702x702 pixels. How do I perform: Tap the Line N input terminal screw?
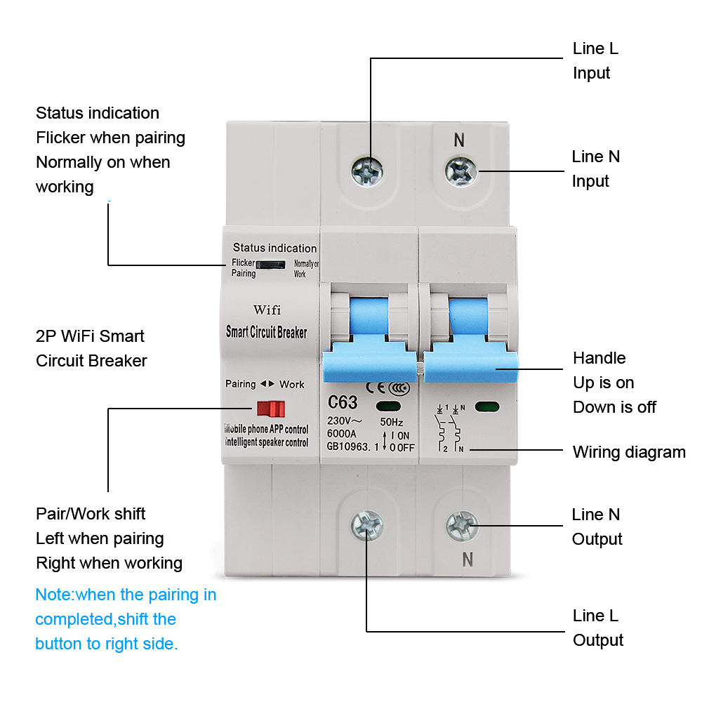462,169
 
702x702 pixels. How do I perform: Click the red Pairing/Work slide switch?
270,409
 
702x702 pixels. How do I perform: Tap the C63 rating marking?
343,403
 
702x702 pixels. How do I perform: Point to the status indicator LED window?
271,265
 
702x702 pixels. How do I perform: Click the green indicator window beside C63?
388,405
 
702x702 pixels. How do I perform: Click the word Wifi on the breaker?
267,310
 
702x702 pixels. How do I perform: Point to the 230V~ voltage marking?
345,421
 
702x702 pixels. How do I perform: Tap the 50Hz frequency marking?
391,422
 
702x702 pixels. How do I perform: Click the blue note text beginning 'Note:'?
126,619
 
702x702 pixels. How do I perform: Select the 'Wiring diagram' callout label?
629,452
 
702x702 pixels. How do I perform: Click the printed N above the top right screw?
459,140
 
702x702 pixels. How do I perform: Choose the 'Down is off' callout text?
614,407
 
